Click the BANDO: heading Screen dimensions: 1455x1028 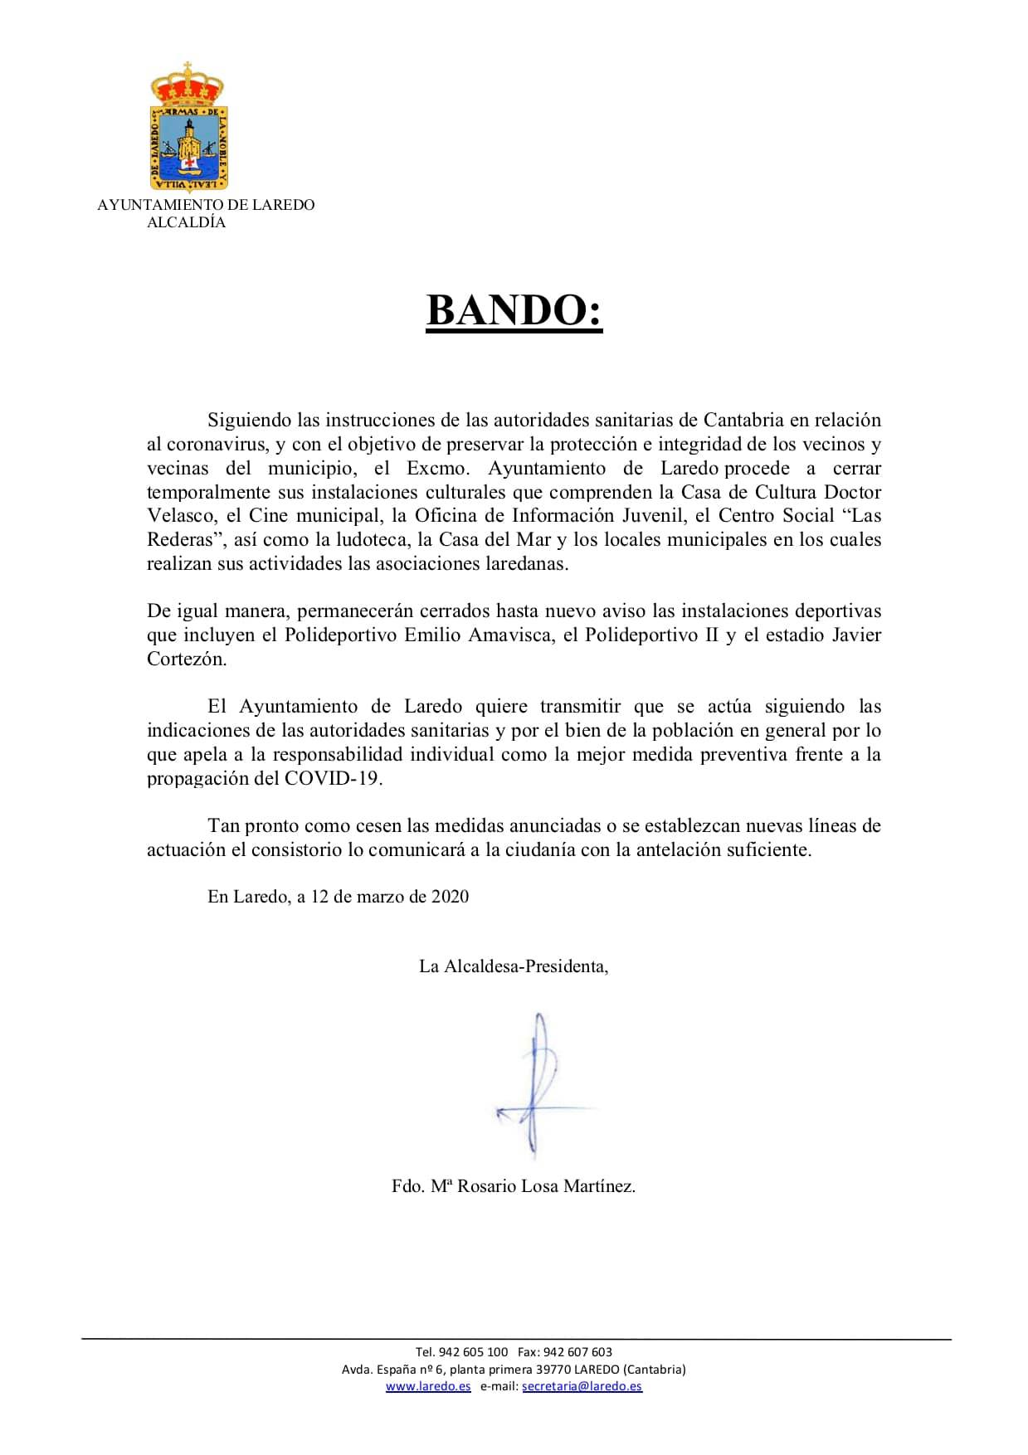pos(514,310)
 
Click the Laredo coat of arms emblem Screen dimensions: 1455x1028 pos(188,129)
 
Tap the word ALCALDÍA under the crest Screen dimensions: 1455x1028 pos(186,222)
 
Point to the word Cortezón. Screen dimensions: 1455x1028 pos(186,659)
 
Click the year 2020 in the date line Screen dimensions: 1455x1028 pos(450,897)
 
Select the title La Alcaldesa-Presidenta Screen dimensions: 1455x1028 pos(514,966)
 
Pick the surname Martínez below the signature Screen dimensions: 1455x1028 pos(599,1186)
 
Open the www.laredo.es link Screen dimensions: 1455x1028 pos(428,1386)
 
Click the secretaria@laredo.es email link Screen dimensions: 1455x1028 pos(582,1386)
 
